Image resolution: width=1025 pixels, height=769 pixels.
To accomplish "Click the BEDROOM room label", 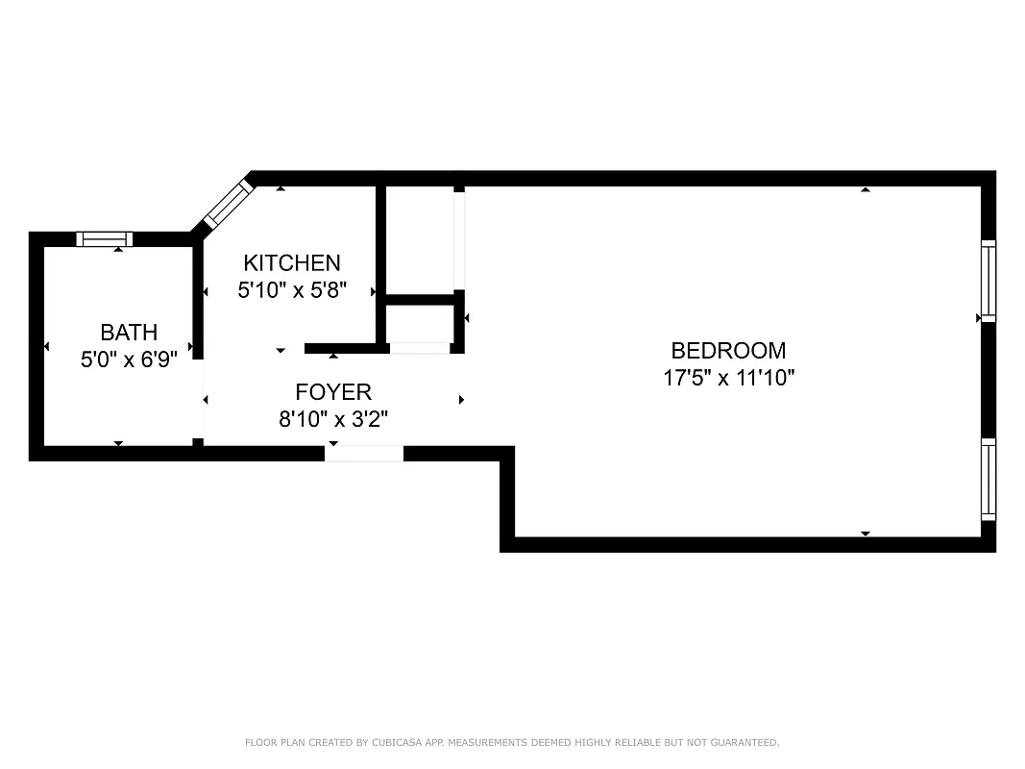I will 728,351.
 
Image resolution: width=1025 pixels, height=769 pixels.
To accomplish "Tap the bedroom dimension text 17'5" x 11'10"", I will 728,378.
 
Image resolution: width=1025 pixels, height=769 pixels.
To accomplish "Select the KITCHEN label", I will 291,262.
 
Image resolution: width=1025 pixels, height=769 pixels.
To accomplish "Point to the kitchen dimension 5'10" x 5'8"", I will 291,288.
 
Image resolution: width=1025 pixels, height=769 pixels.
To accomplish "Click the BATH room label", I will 129,333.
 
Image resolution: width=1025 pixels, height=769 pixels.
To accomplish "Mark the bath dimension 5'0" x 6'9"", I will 129,360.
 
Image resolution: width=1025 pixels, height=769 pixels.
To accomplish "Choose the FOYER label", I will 332,392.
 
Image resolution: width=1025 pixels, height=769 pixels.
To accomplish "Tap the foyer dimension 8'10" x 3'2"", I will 332,419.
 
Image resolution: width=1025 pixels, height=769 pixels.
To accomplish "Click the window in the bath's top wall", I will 105,239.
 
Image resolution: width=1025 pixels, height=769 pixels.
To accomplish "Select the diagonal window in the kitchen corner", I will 228,204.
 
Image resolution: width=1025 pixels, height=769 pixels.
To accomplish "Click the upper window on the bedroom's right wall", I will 988,281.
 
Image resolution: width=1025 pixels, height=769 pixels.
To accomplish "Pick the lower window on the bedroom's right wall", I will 988,479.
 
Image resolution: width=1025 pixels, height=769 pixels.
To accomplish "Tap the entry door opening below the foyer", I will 364,454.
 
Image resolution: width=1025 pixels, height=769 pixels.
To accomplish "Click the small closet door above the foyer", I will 420,348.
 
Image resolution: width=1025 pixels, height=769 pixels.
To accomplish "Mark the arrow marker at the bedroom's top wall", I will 866,189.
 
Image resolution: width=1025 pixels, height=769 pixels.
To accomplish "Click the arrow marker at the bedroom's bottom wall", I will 866,533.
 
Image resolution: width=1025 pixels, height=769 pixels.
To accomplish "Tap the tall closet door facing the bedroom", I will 459,240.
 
